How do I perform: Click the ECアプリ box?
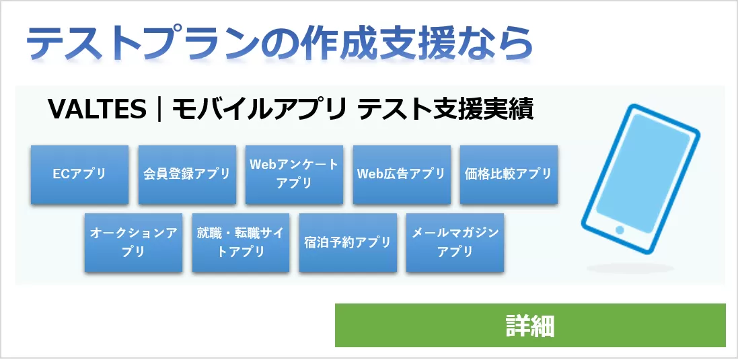[x=79, y=174]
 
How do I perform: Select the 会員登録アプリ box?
[x=187, y=174]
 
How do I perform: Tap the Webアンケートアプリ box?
[x=294, y=174]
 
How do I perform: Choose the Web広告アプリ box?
[x=402, y=174]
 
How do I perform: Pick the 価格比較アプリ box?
[x=509, y=174]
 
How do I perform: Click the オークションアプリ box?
[x=133, y=242]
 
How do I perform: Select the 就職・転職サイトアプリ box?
[x=241, y=242]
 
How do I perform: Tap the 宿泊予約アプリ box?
[x=348, y=242]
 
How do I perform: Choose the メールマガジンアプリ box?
[x=455, y=242]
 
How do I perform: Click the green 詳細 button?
[x=530, y=326]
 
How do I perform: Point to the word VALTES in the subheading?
[x=97, y=109]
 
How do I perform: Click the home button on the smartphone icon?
[x=620, y=230]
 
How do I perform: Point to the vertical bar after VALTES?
[x=159, y=109]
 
